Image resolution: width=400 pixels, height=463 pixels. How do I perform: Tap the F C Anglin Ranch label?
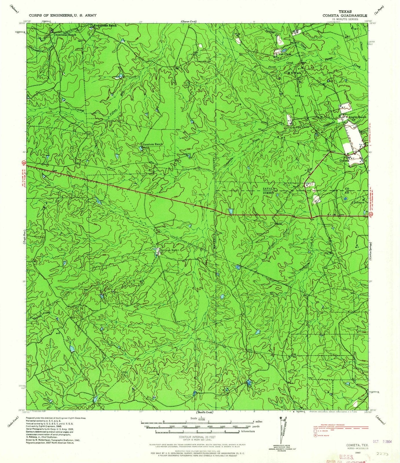(354, 117)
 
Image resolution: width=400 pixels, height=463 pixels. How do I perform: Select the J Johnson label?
(358, 203)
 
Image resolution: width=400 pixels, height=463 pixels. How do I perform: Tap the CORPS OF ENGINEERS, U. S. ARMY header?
(62, 15)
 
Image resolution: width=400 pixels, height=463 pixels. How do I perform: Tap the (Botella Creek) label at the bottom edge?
(204, 412)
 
